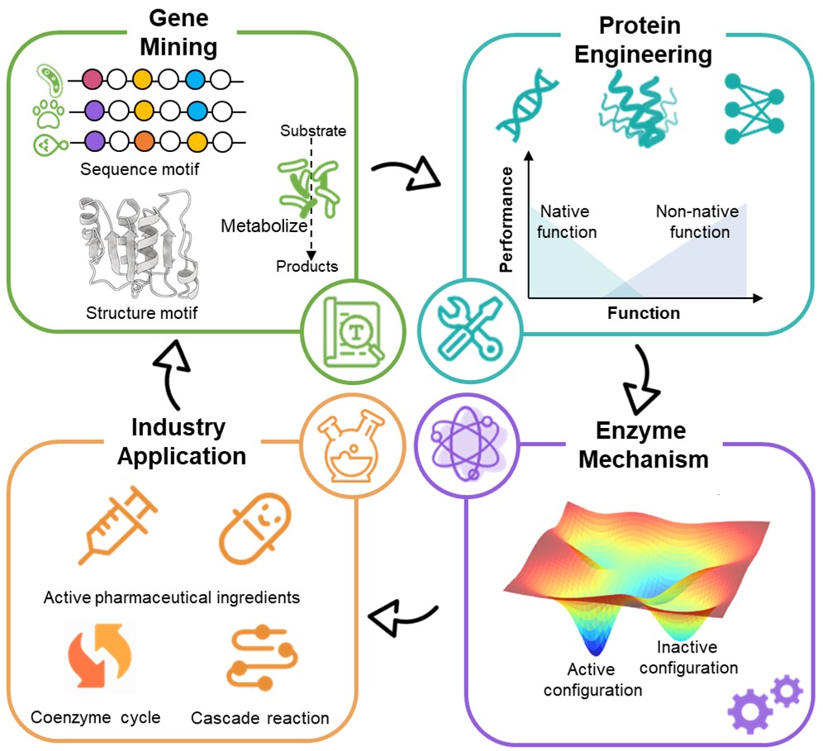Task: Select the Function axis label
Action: point(643,313)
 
